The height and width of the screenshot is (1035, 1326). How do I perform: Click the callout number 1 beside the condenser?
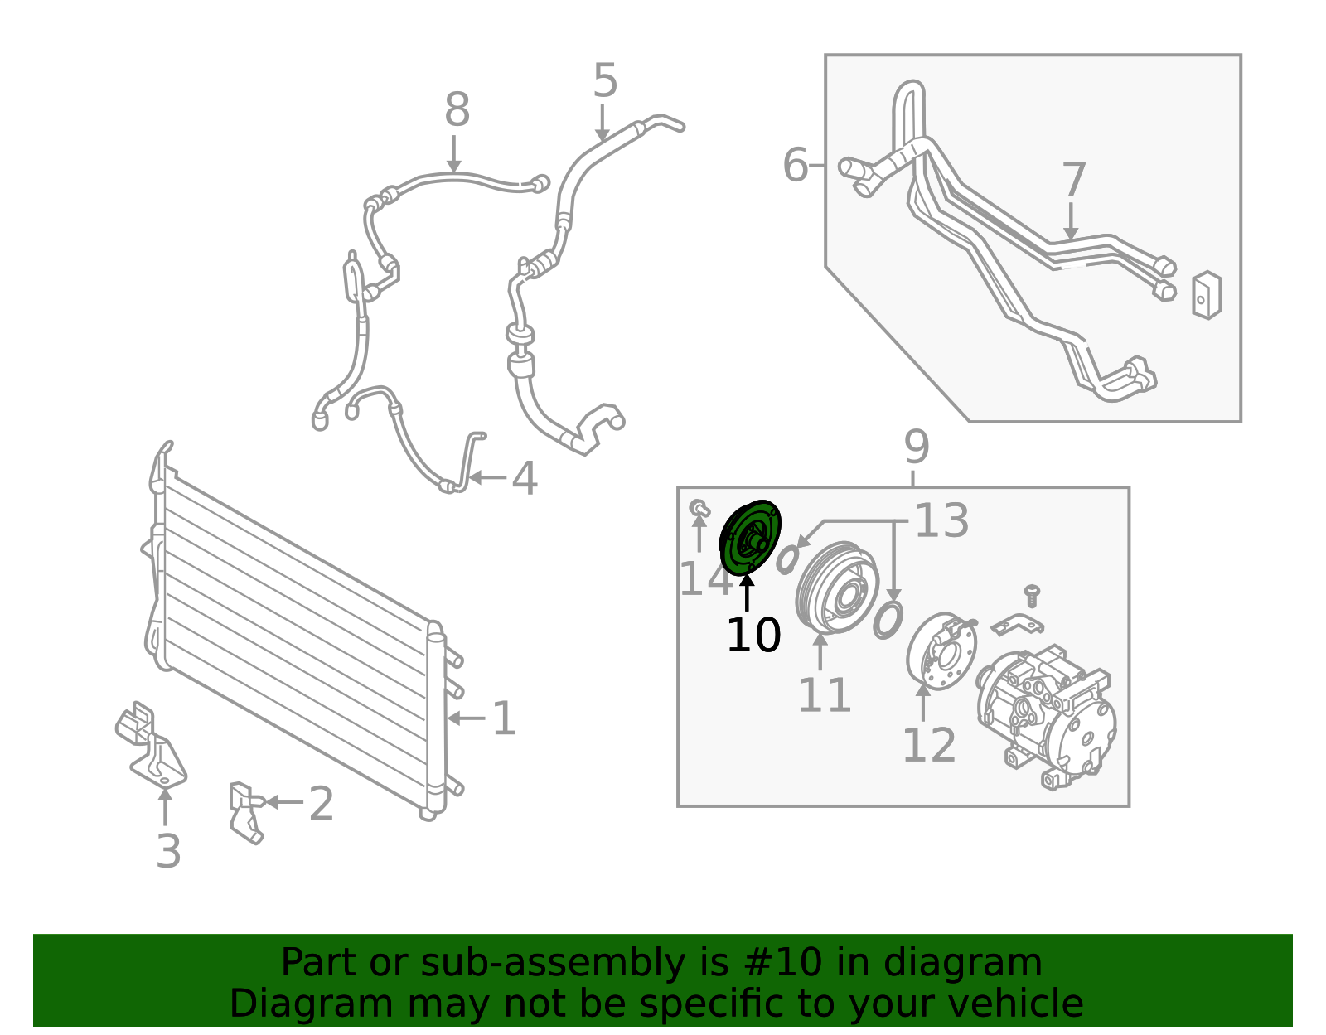click(x=504, y=718)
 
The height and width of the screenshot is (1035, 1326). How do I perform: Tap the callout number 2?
click(x=322, y=803)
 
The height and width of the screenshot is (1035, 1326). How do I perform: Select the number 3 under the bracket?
click(x=168, y=851)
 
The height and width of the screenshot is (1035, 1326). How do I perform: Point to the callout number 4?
click(x=525, y=478)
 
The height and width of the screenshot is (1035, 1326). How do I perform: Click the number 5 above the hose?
click(x=605, y=80)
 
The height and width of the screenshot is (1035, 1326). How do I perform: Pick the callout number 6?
click(x=796, y=165)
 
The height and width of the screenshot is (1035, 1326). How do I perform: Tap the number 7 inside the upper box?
click(x=1074, y=179)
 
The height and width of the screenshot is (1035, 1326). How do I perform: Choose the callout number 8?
click(x=457, y=109)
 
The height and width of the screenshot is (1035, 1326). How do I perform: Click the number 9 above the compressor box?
click(x=917, y=447)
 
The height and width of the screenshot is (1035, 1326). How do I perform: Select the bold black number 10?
click(x=753, y=636)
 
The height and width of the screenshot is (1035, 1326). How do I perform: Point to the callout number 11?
click(x=825, y=695)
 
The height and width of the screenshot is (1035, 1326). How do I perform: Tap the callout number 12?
click(x=929, y=745)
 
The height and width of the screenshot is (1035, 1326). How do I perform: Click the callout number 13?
click(x=942, y=521)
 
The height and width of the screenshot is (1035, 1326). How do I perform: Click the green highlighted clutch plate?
click(x=751, y=537)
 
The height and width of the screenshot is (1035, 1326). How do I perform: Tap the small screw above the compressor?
click(x=1031, y=596)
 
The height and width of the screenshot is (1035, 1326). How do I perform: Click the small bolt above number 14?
click(x=699, y=509)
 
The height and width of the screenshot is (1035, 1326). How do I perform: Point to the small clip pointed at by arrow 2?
click(x=245, y=812)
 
